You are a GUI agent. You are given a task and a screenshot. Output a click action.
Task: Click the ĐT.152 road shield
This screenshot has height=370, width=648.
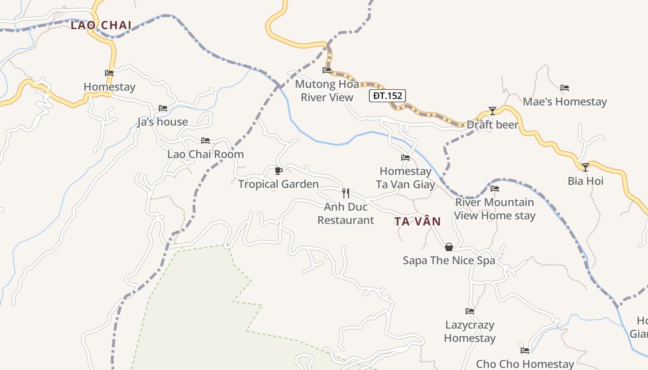(387, 96)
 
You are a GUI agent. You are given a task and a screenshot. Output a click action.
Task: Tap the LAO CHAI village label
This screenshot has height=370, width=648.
(101, 25)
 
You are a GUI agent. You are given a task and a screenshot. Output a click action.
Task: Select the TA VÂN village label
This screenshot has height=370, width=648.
(417, 222)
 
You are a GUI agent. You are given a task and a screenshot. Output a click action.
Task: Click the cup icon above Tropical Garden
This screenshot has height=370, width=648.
(278, 171)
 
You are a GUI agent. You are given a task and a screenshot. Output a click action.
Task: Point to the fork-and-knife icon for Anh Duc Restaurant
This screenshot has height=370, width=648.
(345, 193)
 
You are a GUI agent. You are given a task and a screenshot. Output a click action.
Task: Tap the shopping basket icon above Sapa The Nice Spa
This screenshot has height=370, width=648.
(449, 247)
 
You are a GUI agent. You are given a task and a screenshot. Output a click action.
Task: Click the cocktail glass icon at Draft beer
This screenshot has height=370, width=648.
(492, 111)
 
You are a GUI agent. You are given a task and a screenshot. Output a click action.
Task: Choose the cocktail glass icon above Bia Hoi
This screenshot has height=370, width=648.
(586, 167)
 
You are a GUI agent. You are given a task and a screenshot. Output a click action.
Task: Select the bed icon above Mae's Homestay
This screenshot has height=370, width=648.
(565, 88)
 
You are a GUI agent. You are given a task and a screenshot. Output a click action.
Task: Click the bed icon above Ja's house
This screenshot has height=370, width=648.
(162, 108)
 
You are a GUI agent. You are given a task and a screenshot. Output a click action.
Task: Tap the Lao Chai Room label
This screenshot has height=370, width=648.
(206, 154)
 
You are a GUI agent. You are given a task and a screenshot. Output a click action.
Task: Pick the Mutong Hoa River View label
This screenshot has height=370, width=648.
(327, 91)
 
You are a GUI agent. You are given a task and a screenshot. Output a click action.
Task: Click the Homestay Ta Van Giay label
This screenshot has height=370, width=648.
(405, 178)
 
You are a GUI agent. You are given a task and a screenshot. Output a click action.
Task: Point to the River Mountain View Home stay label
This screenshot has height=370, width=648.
(495, 209)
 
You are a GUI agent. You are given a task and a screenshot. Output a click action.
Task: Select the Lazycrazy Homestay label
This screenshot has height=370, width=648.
(470, 332)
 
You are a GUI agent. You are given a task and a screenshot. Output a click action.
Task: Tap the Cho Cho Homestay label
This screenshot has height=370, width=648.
(525, 364)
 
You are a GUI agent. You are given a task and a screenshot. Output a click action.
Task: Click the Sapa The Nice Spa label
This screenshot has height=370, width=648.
(449, 260)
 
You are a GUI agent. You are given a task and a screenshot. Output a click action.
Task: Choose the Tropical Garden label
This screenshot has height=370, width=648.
(278, 184)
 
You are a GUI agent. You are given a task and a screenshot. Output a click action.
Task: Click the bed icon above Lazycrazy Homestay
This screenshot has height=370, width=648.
(470, 311)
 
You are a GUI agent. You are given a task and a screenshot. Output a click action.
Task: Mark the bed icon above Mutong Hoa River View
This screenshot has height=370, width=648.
(327, 70)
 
